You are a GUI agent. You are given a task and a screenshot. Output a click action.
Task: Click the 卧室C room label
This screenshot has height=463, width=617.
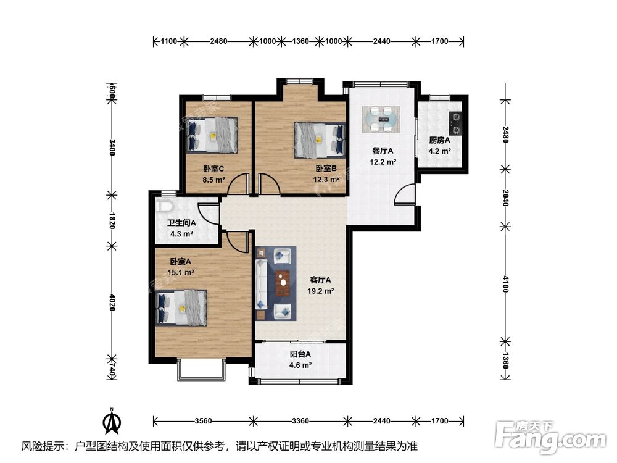click(x=213, y=169)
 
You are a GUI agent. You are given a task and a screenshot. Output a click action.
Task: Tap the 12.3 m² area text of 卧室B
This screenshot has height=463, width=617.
click(x=326, y=180)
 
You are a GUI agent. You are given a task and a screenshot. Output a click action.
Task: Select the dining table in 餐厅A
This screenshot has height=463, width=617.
click(x=381, y=119)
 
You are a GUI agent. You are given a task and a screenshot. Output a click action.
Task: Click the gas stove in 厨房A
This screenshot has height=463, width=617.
click(x=456, y=123)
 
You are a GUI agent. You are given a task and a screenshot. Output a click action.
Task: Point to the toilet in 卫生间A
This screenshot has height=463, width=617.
click(x=164, y=206)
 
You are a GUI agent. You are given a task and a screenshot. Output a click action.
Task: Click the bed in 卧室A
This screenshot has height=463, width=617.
click(x=181, y=307)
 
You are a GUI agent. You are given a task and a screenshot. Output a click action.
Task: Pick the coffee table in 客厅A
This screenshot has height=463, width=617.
click(x=283, y=283)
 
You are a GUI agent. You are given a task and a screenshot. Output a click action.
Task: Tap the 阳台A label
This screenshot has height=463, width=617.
click(x=300, y=354)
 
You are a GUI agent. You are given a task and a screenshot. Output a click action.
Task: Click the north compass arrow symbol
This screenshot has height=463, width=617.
click(x=112, y=421)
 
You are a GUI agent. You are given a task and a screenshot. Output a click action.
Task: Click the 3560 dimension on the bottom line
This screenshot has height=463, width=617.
click(x=203, y=421)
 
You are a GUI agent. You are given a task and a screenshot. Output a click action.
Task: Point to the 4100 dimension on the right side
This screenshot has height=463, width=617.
click(x=506, y=284)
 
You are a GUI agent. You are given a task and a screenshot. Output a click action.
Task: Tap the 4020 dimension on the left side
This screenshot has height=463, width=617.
click(x=112, y=302)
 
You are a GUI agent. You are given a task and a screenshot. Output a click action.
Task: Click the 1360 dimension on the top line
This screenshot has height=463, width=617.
click(x=300, y=41)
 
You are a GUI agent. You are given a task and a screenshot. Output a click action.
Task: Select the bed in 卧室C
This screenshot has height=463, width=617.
click(x=212, y=135)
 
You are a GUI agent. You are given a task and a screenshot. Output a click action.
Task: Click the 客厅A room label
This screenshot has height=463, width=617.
click(x=320, y=280)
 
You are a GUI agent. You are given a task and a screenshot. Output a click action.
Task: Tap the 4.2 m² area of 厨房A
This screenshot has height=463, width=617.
click(x=439, y=151)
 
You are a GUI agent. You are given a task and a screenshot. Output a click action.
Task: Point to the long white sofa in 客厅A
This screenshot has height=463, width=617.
click(x=261, y=283)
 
